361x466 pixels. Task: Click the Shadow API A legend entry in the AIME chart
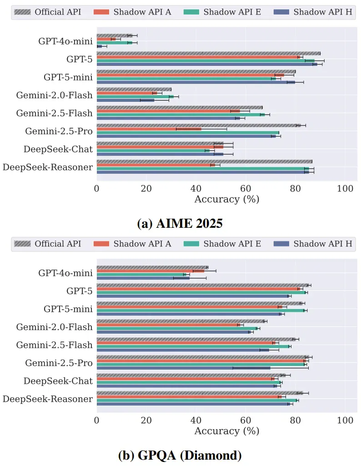(132, 12)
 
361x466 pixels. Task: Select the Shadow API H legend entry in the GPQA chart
(312, 244)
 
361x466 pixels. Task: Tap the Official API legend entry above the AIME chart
(48, 12)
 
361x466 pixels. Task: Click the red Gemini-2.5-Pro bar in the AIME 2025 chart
(149, 129)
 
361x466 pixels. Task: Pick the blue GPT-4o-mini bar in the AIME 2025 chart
(99, 46)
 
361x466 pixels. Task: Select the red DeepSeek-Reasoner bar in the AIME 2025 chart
(155, 165)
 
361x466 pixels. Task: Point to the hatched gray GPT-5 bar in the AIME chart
(209, 54)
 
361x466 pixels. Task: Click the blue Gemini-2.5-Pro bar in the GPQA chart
(184, 368)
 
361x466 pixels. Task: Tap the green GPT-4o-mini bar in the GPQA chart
(141, 275)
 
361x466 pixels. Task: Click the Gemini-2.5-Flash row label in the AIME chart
(55, 113)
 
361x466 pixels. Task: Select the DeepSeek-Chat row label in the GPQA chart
(58, 381)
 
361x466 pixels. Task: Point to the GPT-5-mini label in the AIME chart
(68, 77)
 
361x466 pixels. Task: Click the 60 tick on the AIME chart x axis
(246, 188)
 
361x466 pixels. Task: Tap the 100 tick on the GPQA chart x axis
(345, 420)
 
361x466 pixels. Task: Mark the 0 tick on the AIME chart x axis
(96, 188)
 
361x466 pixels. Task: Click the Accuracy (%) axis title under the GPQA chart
(227, 431)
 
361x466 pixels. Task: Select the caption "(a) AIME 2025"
(180, 223)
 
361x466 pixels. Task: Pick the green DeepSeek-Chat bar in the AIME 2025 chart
(153, 150)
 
